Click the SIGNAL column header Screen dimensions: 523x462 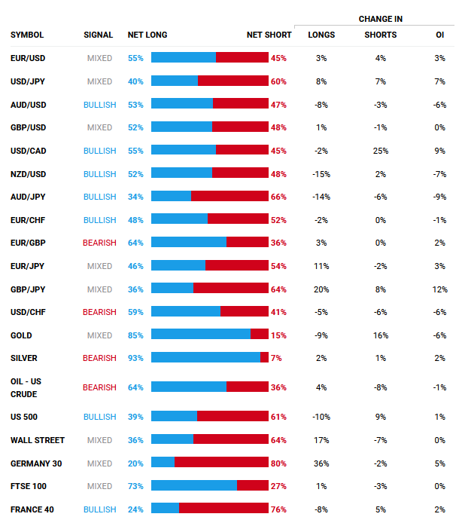pos(99,35)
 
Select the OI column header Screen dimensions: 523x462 pos(440,35)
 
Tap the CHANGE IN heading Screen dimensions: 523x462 pos(380,18)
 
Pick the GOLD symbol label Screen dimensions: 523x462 pos(21,335)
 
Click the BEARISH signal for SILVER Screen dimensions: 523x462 pos(99,359)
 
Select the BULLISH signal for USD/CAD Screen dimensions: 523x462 pos(99,151)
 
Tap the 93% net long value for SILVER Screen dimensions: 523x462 pos(135,359)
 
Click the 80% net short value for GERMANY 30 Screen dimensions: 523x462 pos(278,463)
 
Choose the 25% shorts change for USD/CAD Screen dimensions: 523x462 pos(380,151)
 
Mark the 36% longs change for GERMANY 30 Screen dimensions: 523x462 pos(321,463)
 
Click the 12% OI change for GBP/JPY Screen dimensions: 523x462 pos(440,289)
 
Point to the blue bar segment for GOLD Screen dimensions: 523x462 pos(201,334)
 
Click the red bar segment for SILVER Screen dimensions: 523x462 pos(264,357)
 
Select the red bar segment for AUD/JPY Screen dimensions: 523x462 pos(229,196)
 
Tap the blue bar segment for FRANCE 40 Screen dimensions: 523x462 pos(165,509)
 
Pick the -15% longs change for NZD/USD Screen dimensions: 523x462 pos(321,174)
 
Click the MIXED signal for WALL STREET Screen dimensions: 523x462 pos(99,440)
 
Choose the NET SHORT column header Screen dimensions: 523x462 pos(269,35)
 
